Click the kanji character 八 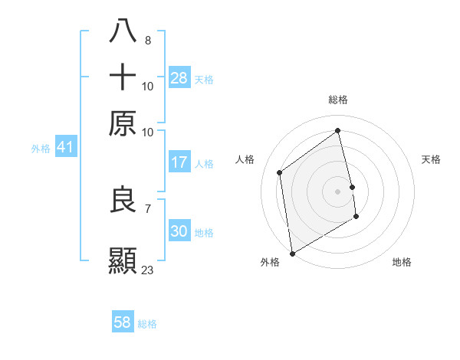[x=123, y=33]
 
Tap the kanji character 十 [x=123, y=78]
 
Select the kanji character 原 [x=123, y=123]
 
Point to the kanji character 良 [x=123, y=200]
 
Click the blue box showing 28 [x=179, y=78]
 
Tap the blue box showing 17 [x=179, y=162]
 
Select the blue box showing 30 [x=179, y=232]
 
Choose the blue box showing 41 [x=64, y=147]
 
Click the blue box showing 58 [x=123, y=322]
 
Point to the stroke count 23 [x=148, y=270]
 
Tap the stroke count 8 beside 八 [x=147, y=40]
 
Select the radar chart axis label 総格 [x=338, y=100]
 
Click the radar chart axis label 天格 [x=432, y=159]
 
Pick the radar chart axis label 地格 [x=402, y=262]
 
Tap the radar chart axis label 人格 [x=245, y=159]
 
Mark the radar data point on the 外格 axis [x=292, y=253]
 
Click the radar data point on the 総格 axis [x=338, y=130]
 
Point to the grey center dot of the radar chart [x=338, y=191]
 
